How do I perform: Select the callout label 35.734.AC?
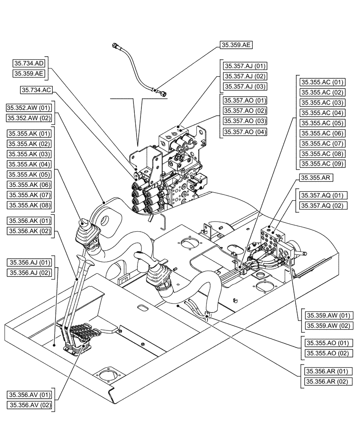click(x=36, y=90)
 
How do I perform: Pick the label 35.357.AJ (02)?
click(x=245, y=76)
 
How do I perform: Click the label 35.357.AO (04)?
click(x=245, y=132)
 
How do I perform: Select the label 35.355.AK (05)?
click(x=29, y=175)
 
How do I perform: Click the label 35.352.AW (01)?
click(x=29, y=108)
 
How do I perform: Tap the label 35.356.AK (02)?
click(x=29, y=231)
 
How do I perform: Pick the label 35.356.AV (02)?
click(x=29, y=405)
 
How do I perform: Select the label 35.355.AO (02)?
click(x=327, y=353)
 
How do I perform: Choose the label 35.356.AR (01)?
click(x=327, y=371)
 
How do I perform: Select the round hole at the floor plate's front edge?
click(x=107, y=376)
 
